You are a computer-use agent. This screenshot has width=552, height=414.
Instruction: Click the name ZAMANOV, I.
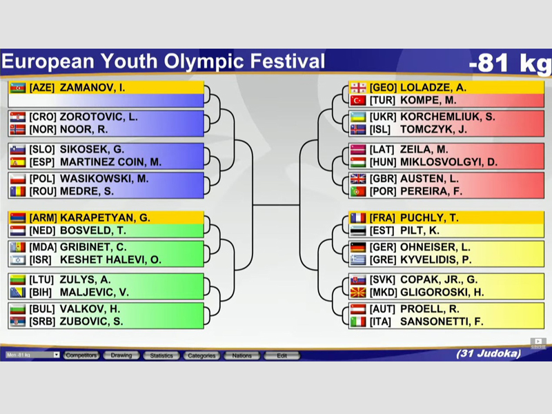click(92, 88)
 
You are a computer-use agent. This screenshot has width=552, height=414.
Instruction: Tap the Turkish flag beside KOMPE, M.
click(358, 101)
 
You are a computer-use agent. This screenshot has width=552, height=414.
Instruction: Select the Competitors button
click(81, 355)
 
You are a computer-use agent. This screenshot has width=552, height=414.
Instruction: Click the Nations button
click(242, 355)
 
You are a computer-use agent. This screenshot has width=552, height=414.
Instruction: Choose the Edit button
click(282, 355)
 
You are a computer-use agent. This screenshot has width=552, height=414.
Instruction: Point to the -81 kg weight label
click(510, 63)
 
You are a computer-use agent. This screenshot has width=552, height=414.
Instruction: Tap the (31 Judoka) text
click(489, 353)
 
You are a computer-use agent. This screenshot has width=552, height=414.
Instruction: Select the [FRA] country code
click(383, 218)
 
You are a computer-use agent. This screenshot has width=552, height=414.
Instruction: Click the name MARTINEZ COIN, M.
click(110, 162)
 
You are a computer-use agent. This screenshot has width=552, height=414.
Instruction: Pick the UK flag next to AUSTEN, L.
click(358, 179)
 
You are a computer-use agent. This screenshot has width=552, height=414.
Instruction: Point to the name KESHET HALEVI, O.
click(110, 260)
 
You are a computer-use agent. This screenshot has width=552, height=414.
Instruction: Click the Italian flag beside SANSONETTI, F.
click(358, 322)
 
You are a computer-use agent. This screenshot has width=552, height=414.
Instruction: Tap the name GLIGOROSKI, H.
click(442, 293)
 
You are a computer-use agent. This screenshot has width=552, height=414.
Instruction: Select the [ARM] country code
click(43, 218)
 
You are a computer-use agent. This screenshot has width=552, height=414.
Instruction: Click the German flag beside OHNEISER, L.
click(358, 247)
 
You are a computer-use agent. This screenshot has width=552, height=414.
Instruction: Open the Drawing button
click(121, 355)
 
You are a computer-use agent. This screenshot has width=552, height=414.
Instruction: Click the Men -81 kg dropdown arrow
click(57, 355)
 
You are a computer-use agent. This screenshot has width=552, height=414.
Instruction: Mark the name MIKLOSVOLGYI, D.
click(449, 162)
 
